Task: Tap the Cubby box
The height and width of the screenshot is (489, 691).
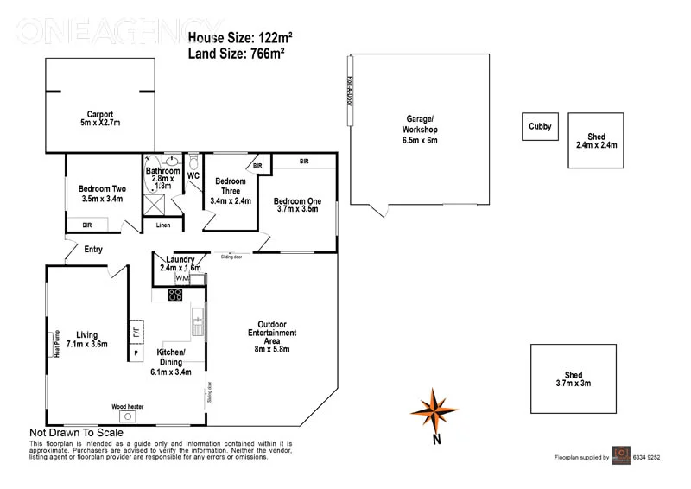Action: click(540, 127)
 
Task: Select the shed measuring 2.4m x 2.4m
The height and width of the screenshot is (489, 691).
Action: click(596, 141)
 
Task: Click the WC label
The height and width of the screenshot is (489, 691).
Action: click(193, 176)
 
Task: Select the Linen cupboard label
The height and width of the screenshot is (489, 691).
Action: click(162, 225)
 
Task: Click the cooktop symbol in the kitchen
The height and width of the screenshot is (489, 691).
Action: click(174, 295)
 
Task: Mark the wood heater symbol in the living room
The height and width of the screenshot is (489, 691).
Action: click(127, 416)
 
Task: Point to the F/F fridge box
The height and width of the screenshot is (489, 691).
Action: click(136, 329)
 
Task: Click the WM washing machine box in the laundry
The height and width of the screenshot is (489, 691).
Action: click(181, 278)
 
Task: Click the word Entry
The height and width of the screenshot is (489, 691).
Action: click(93, 250)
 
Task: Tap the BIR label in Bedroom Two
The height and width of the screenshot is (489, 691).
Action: click(87, 225)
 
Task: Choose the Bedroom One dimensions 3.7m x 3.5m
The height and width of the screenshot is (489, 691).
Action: click(299, 209)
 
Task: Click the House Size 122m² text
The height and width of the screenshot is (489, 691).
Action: click(240, 38)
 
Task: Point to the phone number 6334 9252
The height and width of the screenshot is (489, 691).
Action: click(643, 457)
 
